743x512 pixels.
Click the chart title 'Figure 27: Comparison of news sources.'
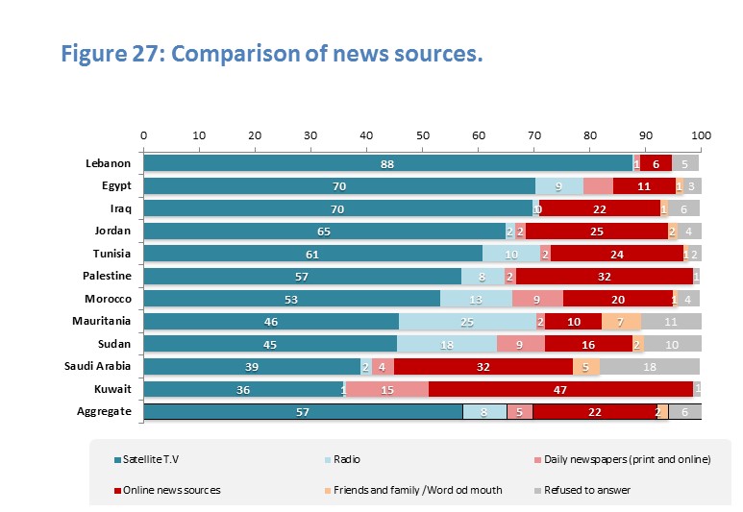pos(271,54)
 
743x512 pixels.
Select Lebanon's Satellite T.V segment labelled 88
pos(387,163)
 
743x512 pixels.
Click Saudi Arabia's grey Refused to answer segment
pos(650,366)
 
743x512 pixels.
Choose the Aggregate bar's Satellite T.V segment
pos(303,412)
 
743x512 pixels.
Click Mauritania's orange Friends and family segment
pos(621,322)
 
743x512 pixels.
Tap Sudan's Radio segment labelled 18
pos(446,344)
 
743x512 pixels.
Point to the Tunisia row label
pos(111,254)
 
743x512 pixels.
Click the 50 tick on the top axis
pos(422,134)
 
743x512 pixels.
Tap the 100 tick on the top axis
pos(701,134)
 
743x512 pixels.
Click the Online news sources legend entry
pos(174,490)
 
